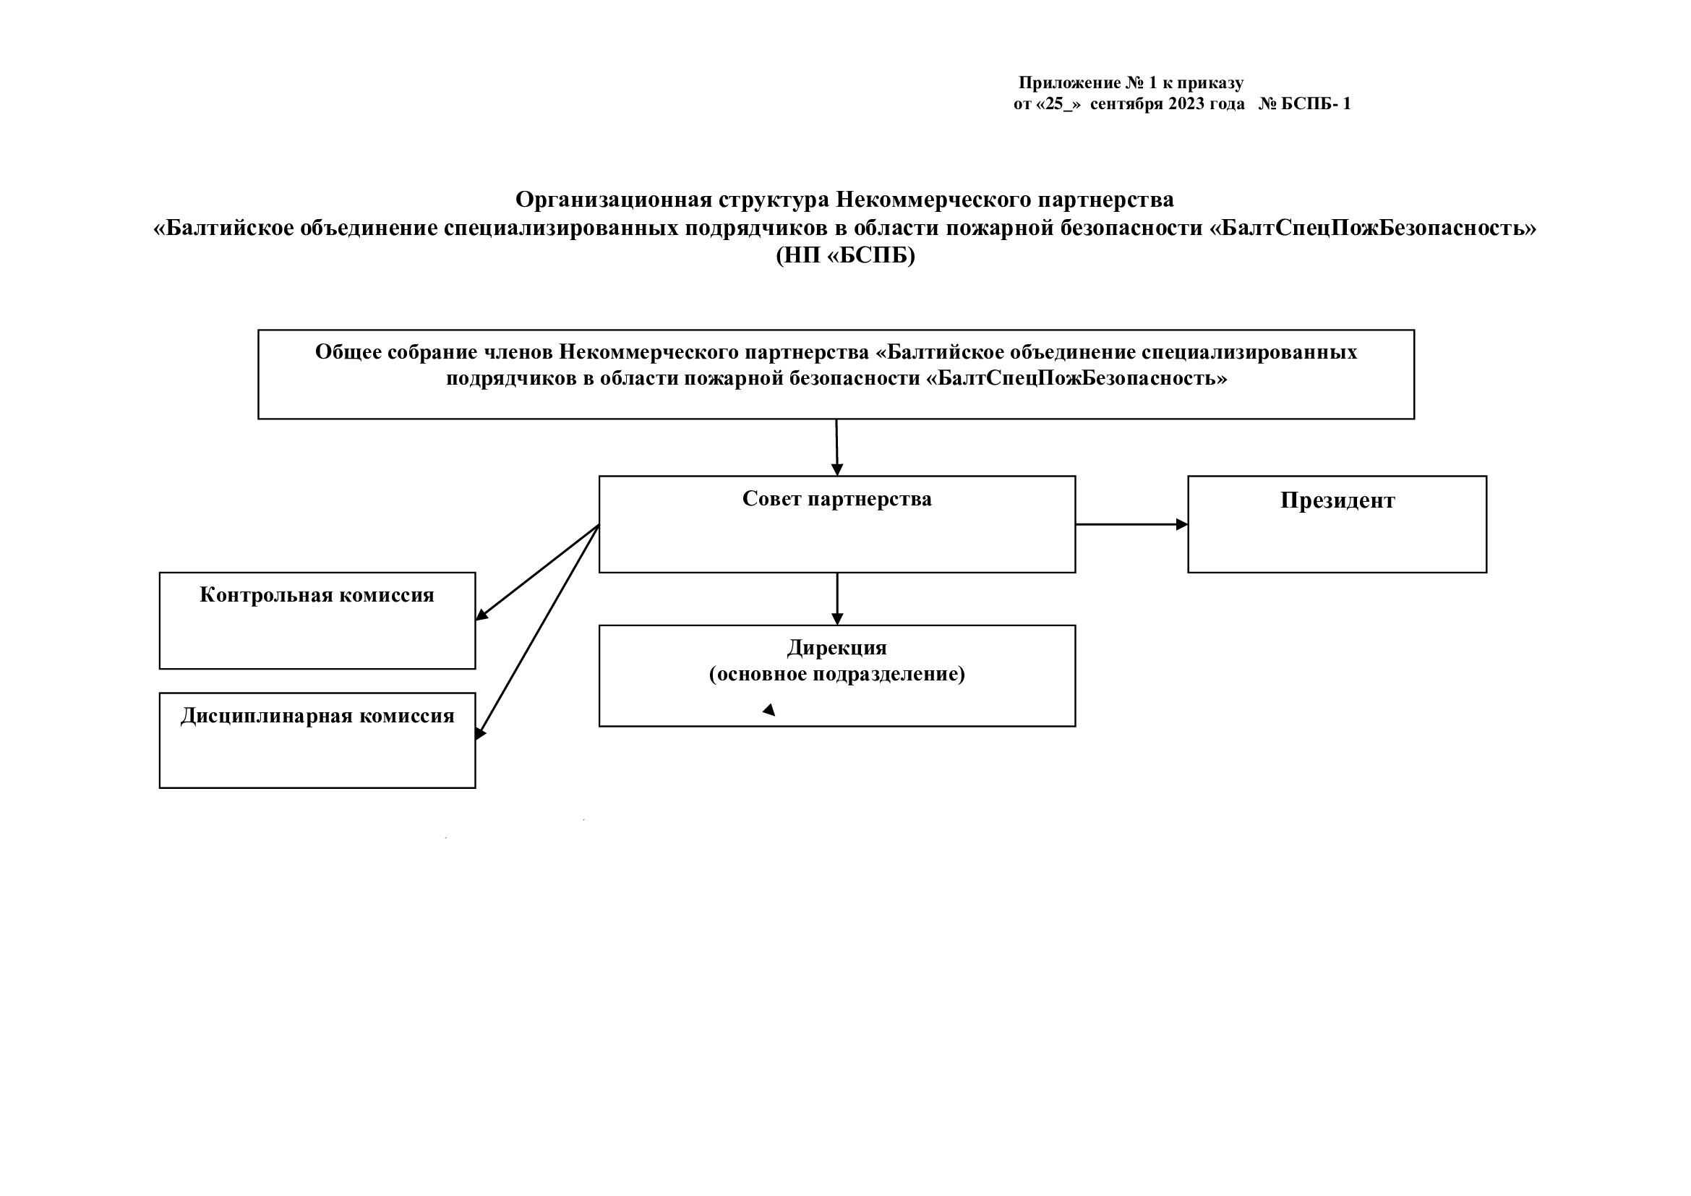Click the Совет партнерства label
836,499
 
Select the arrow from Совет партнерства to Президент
1132,524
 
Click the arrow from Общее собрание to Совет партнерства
836,448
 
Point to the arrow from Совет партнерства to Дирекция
837,599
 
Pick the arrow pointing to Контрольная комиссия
538,572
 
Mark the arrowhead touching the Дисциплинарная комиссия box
480,733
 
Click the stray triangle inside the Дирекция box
769,710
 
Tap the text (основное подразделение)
836,674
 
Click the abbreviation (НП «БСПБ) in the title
846,255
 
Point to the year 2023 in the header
1186,104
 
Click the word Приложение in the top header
1069,83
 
